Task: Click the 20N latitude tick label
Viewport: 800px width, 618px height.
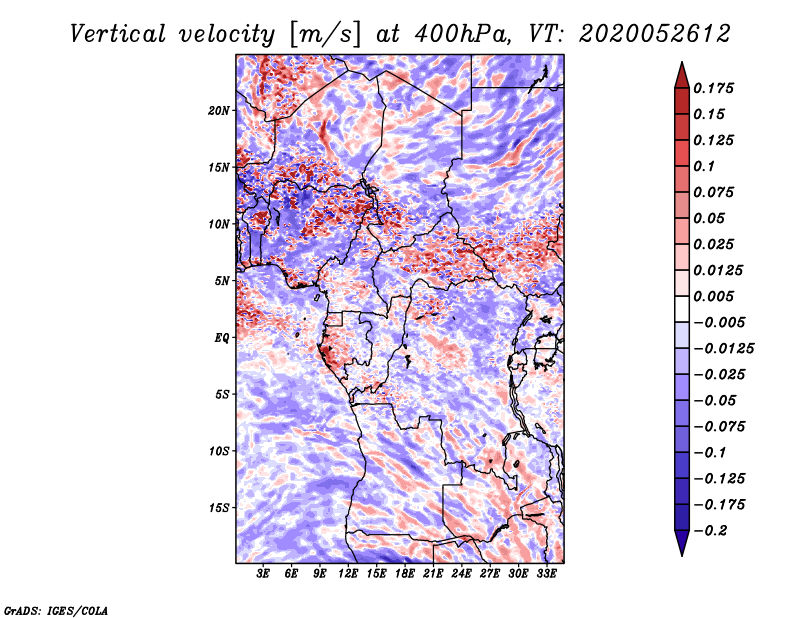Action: [x=218, y=110]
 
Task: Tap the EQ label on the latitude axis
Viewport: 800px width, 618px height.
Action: [x=221, y=337]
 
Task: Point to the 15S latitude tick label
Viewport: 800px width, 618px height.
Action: [x=219, y=508]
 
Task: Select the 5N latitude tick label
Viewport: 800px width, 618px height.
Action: [x=222, y=281]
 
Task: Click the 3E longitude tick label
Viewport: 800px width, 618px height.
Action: [x=263, y=573]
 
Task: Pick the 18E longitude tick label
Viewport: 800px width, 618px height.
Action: [x=405, y=573]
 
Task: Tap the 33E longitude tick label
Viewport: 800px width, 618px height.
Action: [x=546, y=573]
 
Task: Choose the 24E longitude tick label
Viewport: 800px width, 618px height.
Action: [x=461, y=573]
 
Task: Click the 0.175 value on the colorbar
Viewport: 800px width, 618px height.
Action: [x=713, y=88]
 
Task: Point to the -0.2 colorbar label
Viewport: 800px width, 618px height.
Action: [x=709, y=531]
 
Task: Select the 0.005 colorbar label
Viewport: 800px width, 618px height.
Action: [x=713, y=296]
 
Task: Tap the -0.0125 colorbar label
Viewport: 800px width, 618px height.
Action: [x=723, y=349]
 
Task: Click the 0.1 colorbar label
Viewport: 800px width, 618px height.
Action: [x=704, y=166]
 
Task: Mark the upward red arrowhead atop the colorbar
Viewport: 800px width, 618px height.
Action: [x=682, y=76]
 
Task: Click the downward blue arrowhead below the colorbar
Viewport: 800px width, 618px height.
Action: [x=682, y=543]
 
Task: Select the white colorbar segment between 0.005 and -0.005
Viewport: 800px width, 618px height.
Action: [x=682, y=309]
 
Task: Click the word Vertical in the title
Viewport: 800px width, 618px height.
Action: [x=118, y=34]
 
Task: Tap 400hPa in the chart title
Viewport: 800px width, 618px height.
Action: [x=462, y=34]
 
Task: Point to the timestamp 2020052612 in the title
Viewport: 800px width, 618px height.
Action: [x=655, y=34]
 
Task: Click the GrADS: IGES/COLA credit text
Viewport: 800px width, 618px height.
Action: [x=56, y=610]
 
